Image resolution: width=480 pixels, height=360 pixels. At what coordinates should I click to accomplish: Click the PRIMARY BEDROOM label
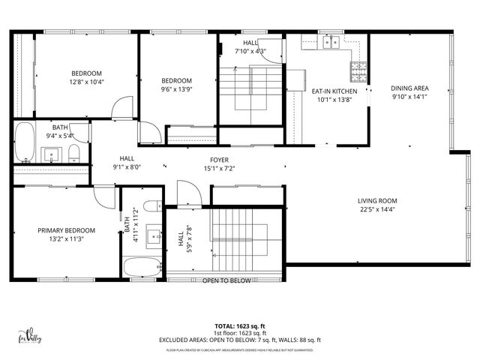tap(66, 230)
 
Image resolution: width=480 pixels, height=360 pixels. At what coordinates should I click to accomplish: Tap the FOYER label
tap(219, 160)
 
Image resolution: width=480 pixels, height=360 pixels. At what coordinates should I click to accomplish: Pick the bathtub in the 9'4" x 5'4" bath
tap(24, 142)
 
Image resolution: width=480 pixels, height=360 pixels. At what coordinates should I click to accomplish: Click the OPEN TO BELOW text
tap(226, 280)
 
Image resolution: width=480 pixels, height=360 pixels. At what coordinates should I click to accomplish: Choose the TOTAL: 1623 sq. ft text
tap(240, 326)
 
